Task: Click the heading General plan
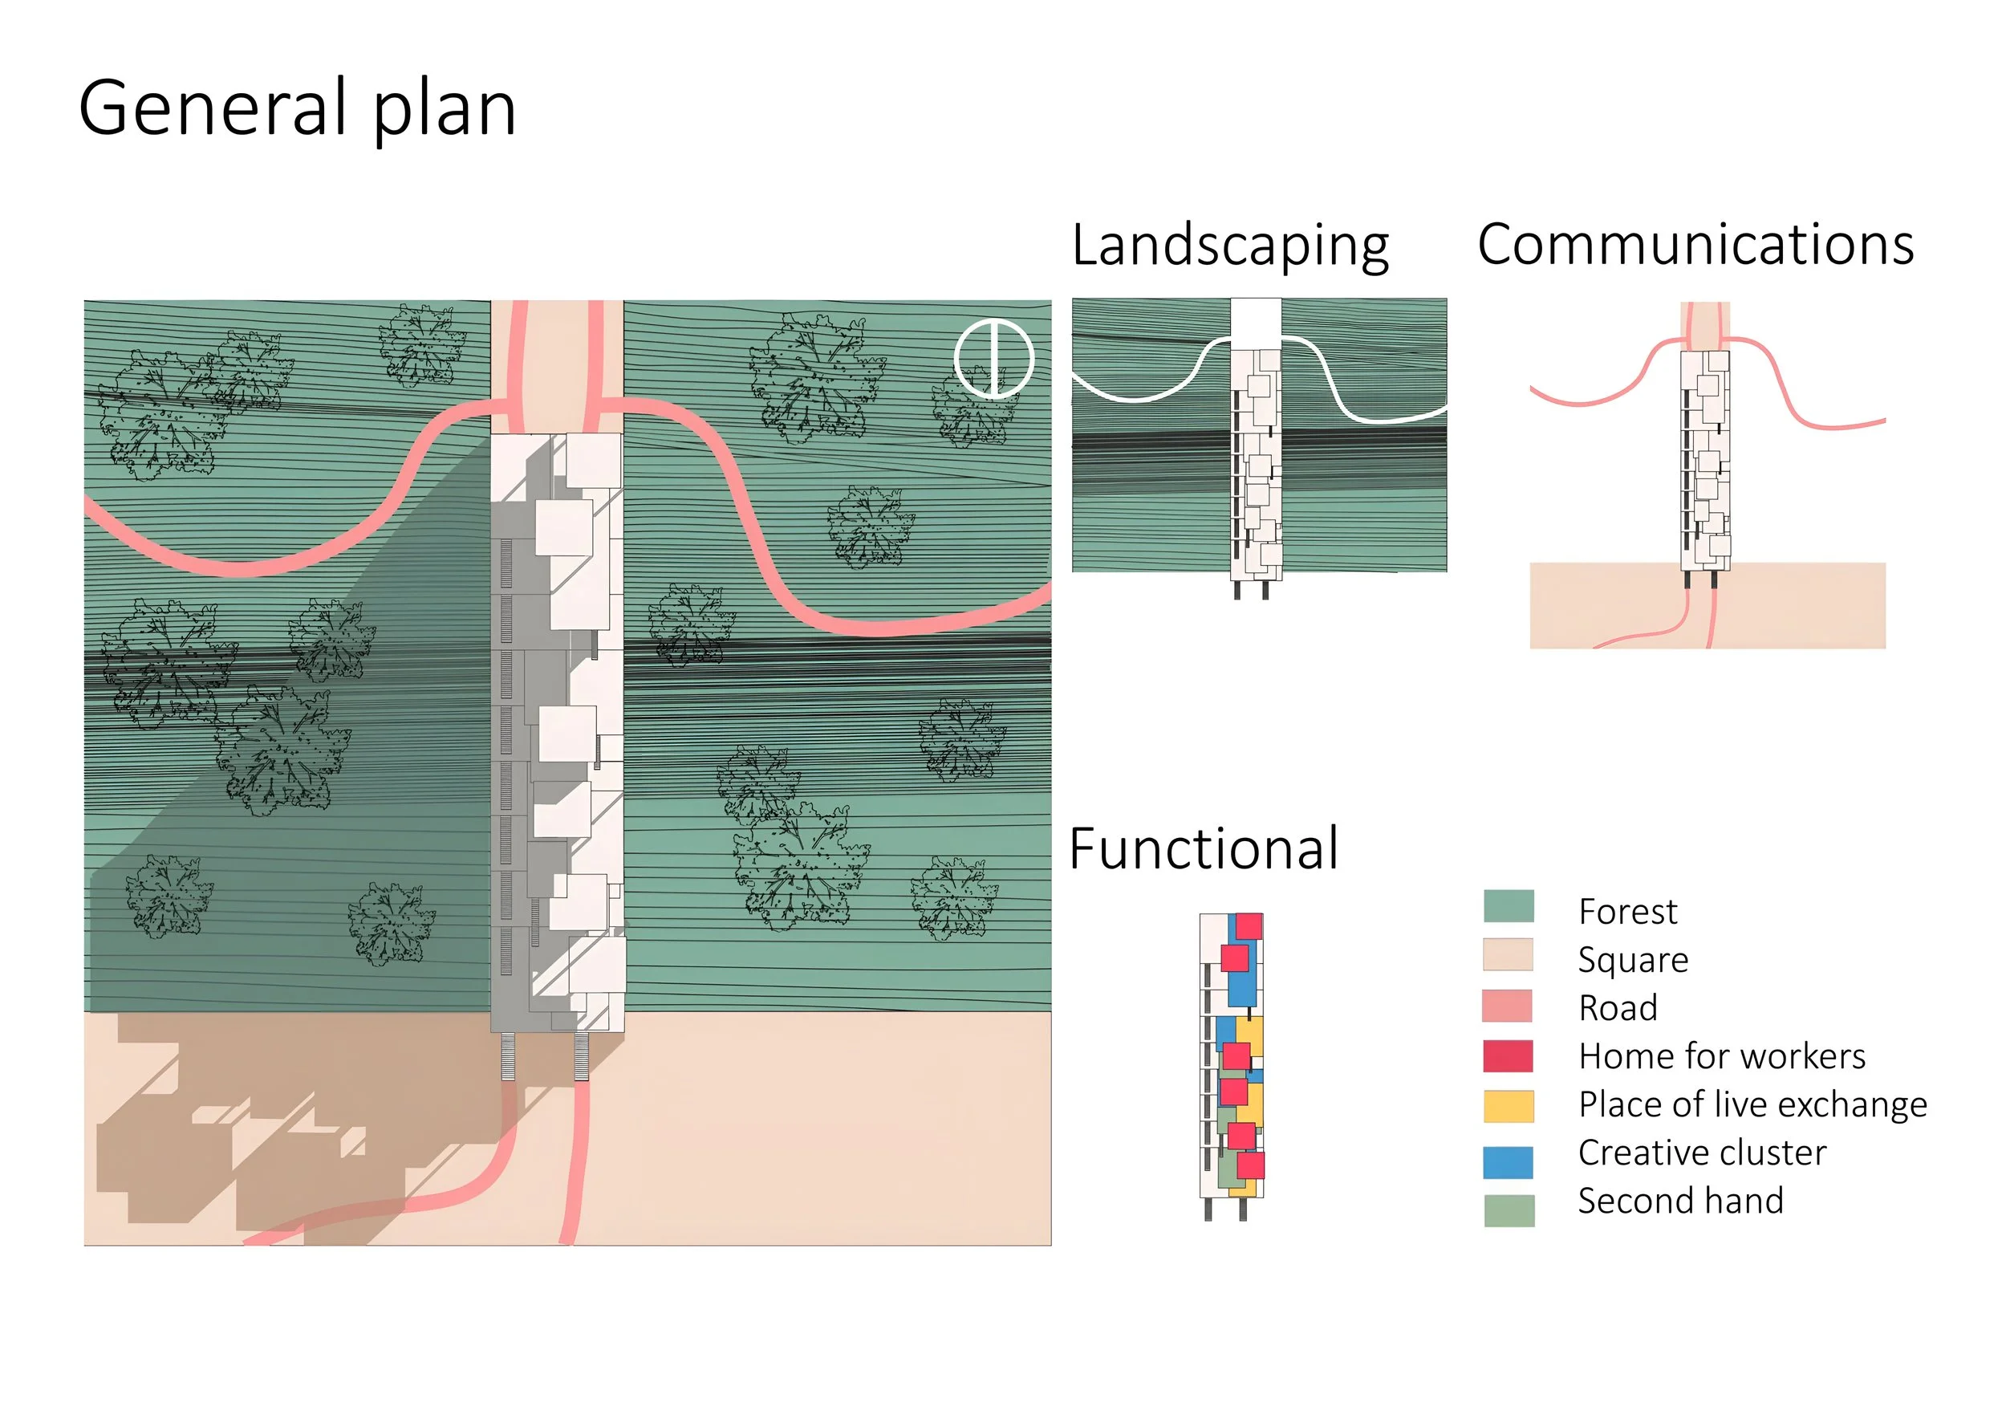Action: coord(297,108)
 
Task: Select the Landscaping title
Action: coord(1229,246)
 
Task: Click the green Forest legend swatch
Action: coord(1508,906)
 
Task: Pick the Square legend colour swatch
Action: coord(1508,955)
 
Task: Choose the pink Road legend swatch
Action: coord(1507,1006)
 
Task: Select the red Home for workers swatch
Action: coord(1507,1055)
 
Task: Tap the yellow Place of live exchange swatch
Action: coord(1508,1106)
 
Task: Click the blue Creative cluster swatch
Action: coord(1508,1162)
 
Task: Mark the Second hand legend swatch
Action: coord(1509,1210)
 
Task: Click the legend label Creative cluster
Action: coord(1702,1153)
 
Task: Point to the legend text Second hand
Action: coord(1680,1201)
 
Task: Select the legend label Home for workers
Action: coord(1721,1056)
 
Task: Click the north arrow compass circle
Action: coord(993,358)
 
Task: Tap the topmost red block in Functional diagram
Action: coord(1249,926)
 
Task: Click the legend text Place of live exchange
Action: coord(1752,1105)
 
